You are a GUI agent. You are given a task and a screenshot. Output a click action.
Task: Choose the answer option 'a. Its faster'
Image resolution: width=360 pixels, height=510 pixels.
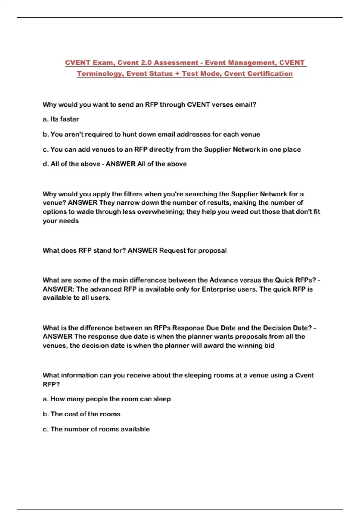tap(61, 119)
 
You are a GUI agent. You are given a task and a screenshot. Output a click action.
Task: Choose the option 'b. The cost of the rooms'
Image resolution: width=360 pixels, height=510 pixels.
tap(81, 414)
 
